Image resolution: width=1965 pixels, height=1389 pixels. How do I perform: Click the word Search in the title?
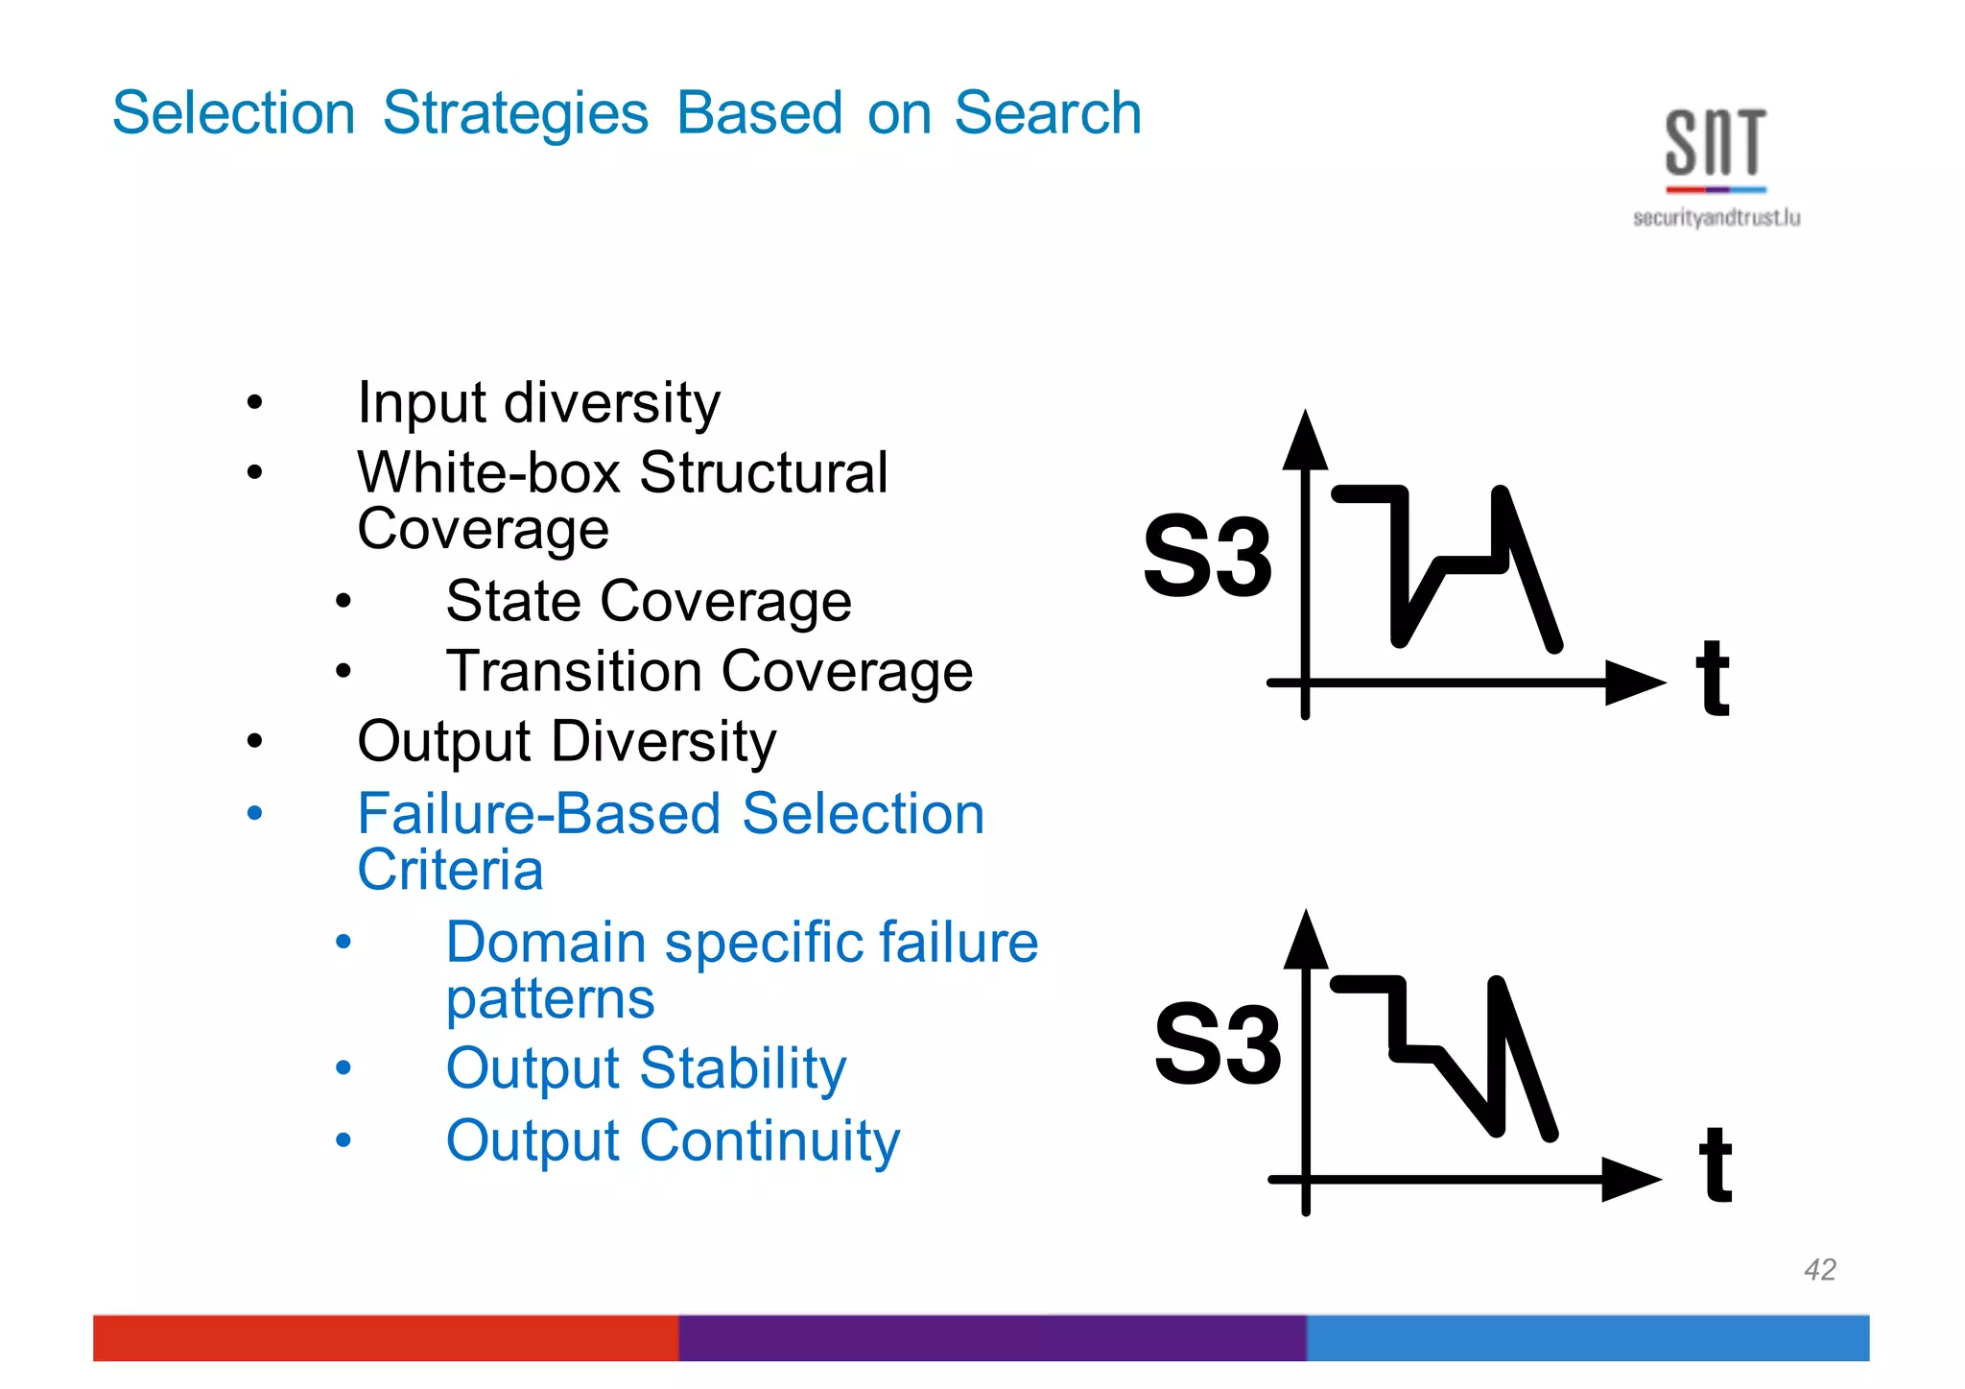[1047, 113]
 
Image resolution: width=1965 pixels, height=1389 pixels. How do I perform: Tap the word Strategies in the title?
[515, 113]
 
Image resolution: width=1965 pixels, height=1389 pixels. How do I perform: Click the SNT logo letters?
[1715, 143]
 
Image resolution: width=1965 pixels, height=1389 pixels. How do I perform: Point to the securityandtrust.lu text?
[1716, 218]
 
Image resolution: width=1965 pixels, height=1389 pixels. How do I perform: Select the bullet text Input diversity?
[538, 402]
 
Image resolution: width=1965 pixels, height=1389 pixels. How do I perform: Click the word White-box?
[488, 472]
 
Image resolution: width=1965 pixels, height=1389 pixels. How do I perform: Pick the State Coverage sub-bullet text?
[649, 602]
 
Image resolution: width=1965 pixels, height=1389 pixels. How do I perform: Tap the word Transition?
[574, 671]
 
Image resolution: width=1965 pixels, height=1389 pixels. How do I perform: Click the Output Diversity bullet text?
[566, 742]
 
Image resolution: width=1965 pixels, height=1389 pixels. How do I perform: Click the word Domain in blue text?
[545, 942]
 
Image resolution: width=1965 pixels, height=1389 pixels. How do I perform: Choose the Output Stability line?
[646, 1068]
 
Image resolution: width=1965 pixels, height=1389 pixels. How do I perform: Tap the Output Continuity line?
[673, 1140]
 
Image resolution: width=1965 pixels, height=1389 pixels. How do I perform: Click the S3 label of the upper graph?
[1207, 557]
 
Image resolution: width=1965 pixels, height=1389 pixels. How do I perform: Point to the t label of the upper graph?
[1712, 679]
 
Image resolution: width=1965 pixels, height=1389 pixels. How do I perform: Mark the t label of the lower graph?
[1715, 1165]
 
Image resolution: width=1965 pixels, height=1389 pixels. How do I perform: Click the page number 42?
[1819, 1270]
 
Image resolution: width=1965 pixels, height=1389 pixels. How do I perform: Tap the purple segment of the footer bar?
[992, 1337]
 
